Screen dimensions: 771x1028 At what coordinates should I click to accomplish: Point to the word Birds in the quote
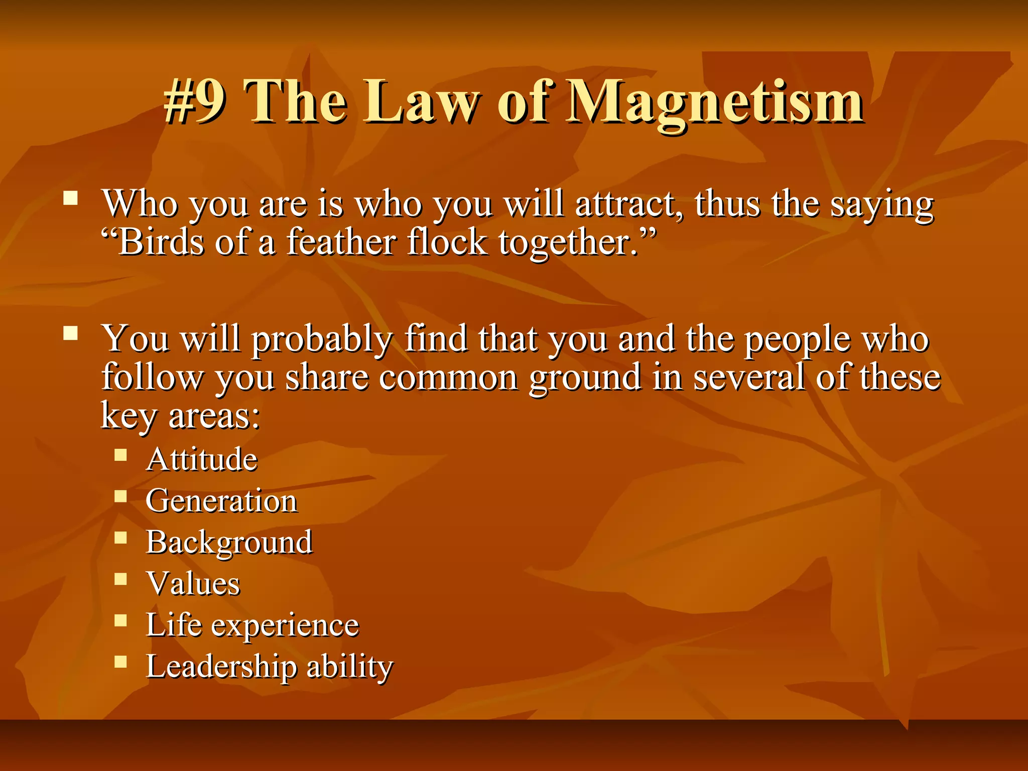click(161, 243)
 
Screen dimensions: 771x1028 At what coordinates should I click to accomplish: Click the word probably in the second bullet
click(321, 340)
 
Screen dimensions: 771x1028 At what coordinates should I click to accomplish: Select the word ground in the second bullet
click(585, 378)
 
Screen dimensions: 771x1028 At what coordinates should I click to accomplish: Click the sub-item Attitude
click(201, 459)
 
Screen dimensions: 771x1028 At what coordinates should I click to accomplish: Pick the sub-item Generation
click(221, 501)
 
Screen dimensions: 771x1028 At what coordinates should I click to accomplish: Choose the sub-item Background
click(229, 543)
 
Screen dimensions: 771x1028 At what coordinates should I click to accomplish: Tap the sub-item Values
click(193, 584)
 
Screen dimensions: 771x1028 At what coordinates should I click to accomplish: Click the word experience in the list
click(285, 626)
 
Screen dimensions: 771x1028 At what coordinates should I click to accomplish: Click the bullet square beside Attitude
click(120, 455)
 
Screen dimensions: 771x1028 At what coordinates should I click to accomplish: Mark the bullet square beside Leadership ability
click(120, 662)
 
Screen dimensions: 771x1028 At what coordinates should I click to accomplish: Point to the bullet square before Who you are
click(71, 198)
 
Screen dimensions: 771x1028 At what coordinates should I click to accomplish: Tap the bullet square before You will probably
click(71, 333)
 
